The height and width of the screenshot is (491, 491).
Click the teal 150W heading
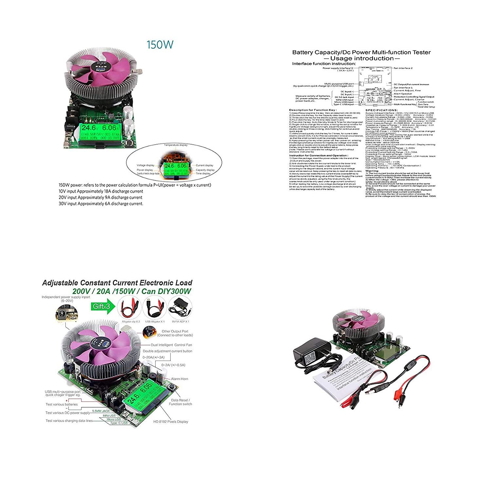pos(160,45)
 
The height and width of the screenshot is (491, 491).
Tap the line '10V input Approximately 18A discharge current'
pos(101,191)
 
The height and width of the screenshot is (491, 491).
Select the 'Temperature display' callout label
pos(176,145)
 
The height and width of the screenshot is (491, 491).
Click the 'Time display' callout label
pos(203,174)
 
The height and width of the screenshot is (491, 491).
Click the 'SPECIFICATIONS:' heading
pos(381,110)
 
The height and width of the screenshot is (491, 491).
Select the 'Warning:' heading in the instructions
pos(372,171)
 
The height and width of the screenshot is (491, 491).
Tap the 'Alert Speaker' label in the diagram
pos(403,94)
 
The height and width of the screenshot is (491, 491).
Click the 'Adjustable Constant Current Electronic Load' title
pos(117,283)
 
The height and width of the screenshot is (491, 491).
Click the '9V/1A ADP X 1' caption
pos(180,322)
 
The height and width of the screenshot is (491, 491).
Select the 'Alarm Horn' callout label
pos(179,379)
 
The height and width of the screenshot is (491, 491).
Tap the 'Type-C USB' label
pos(118,423)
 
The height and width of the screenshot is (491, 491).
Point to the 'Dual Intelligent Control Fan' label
pos(171,345)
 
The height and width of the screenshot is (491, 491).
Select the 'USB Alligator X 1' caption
pos(155,322)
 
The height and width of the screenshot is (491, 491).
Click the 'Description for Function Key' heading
pos(313,110)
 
